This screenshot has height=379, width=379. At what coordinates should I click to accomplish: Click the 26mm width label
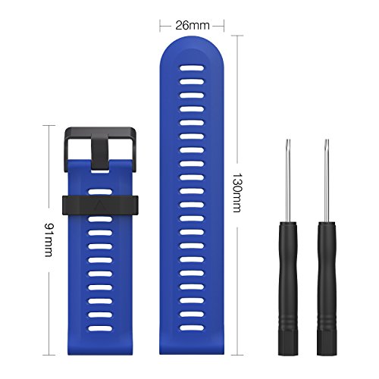click(193, 26)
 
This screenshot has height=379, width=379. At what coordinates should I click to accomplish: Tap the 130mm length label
click(237, 193)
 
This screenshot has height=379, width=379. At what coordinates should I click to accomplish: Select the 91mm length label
click(49, 240)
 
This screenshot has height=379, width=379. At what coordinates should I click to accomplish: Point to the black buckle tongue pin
click(100, 152)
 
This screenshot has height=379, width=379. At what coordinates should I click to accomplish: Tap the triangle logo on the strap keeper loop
click(100, 206)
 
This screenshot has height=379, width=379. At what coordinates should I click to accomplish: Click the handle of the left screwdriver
click(288, 288)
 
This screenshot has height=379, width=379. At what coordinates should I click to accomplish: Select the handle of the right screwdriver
click(327, 288)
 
